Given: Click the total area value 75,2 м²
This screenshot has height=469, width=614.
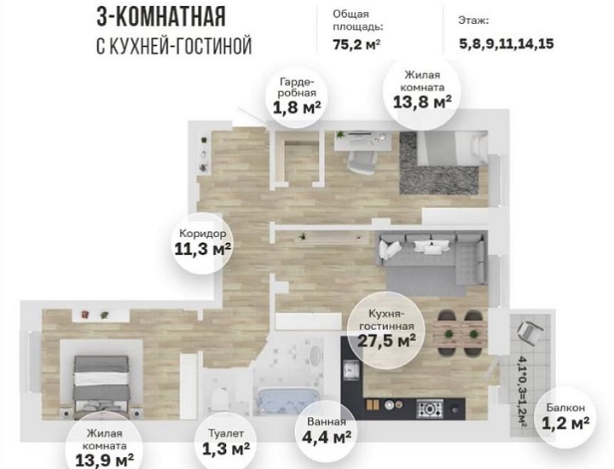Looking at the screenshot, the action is pos(356,44).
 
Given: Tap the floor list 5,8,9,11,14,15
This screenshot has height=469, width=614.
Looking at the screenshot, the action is pos(507,43).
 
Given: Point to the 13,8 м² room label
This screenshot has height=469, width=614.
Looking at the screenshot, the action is pos(422,90).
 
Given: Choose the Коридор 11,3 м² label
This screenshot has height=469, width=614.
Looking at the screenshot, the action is pos(202,243).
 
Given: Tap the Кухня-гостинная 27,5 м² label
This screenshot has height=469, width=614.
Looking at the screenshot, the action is pos(386,328).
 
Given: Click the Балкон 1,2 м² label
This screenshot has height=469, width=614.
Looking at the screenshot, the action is pos(566,416).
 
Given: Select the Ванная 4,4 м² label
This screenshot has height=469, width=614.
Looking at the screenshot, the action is pos(327,431).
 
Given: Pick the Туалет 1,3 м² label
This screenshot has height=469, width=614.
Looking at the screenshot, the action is pos(226,442).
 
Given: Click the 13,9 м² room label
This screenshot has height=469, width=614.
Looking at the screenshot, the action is pos(105,449).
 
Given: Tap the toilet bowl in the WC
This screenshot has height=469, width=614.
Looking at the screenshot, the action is pos(219,397).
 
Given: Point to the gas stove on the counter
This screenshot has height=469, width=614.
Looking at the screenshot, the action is pos(430,409).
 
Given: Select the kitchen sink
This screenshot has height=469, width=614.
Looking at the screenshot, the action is pos(351,369).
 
